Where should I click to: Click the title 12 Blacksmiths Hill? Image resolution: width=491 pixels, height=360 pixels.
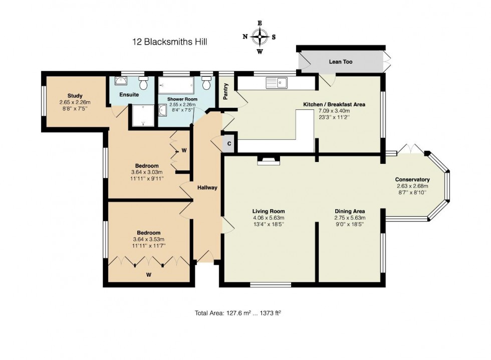[x=169, y=42]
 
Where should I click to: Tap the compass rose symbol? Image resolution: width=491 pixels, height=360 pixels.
[x=260, y=37]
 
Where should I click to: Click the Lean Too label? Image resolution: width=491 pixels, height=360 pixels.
[x=340, y=62]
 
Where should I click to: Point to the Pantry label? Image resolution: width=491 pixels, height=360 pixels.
[x=226, y=91]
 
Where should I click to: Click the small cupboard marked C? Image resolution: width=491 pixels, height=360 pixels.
[x=229, y=143]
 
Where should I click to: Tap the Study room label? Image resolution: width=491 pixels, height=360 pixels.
[x=75, y=96]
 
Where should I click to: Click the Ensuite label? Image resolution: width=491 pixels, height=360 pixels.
[x=129, y=94]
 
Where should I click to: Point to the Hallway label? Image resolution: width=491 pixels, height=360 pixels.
[x=207, y=188]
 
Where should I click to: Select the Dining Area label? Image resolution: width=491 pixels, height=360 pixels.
[x=350, y=211]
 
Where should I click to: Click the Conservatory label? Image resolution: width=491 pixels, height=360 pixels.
[x=412, y=179]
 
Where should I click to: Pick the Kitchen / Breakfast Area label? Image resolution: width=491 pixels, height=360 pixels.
[x=334, y=104]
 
